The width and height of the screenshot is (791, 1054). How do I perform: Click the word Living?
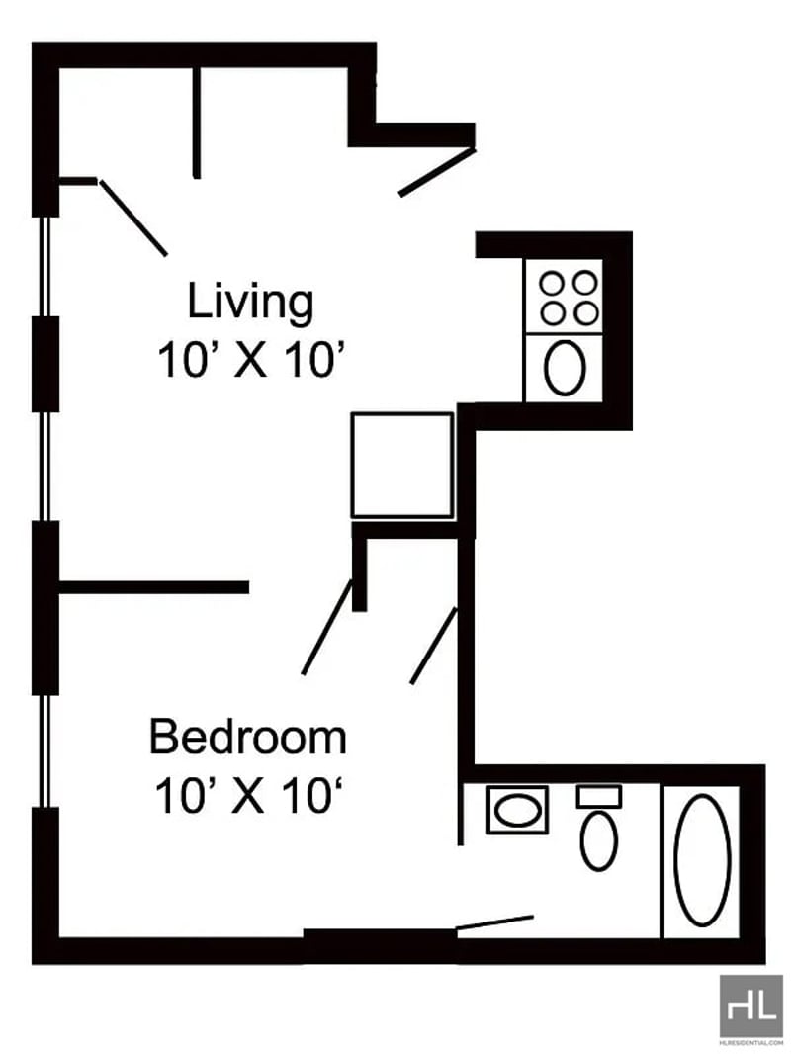point(250,303)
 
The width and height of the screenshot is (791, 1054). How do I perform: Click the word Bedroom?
point(248,738)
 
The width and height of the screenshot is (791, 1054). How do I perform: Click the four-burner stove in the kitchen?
point(564,297)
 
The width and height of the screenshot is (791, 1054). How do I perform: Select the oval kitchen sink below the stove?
point(565,368)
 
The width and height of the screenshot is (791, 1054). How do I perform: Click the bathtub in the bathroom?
point(702,860)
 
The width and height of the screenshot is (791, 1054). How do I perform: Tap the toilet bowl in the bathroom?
point(599,840)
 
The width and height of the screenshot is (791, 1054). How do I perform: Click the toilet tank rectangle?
point(599,797)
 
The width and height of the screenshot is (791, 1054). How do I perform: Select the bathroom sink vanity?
point(517,810)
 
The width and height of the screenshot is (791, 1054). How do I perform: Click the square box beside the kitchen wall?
point(402,465)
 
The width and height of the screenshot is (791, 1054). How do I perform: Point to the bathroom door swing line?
point(495,922)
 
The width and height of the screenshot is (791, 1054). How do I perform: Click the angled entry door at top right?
point(437,172)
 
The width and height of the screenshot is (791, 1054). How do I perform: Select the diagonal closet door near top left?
point(133,218)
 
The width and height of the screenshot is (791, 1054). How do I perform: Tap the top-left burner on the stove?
point(552,283)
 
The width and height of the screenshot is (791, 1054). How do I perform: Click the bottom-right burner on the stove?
point(586,312)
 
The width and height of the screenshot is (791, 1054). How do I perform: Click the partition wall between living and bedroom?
point(154,587)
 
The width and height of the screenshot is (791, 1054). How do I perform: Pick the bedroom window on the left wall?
point(45,750)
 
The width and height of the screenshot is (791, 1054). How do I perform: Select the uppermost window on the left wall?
point(45,266)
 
